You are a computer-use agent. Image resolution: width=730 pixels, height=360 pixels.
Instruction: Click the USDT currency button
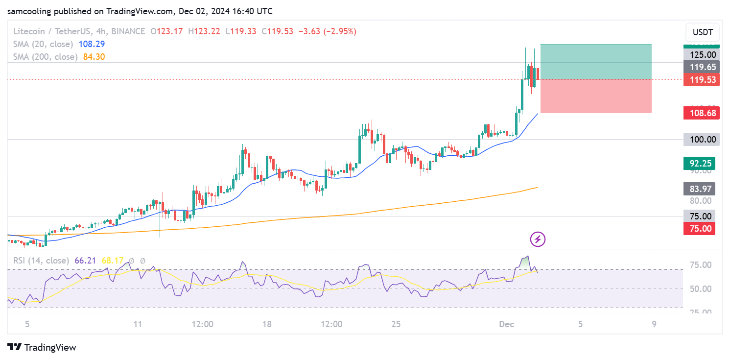tap(703, 33)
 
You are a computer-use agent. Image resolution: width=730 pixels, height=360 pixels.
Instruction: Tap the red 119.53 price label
tap(701, 80)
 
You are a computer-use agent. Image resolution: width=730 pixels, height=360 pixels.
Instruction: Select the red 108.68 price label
tap(701, 113)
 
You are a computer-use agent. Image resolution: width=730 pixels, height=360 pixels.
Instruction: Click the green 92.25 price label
tap(701, 163)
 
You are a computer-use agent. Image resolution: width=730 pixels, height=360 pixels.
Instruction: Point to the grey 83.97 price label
tap(701, 189)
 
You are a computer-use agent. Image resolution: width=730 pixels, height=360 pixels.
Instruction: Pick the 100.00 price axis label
tap(701, 139)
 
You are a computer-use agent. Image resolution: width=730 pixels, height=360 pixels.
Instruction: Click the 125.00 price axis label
tap(701, 55)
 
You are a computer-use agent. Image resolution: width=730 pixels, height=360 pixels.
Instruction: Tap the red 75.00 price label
tap(701, 228)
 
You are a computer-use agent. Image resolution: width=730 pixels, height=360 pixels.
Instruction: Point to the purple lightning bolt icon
tap(538, 239)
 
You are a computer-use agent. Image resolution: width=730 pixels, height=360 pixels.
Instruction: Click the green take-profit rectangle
tap(595, 61)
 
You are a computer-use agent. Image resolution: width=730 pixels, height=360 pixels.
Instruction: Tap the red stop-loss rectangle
tap(595, 96)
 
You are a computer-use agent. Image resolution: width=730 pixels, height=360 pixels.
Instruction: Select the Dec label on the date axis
tap(506, 324)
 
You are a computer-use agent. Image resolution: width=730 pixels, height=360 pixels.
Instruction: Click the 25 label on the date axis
tap(396, 324)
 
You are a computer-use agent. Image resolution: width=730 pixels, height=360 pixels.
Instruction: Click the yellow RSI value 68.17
tap(112, 261)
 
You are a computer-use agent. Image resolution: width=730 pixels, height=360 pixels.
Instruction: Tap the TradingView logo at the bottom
tap(43, 347)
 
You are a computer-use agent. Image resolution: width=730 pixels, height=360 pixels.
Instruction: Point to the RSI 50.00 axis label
tap(700, 288)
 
